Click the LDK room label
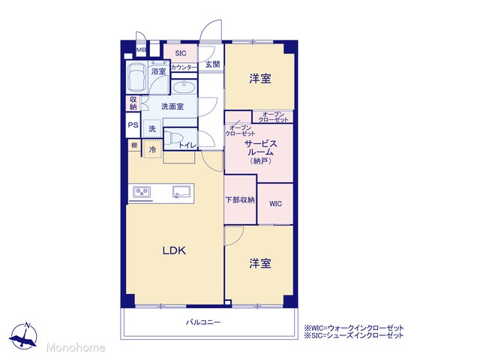pyautogui.click(x=174, y=250)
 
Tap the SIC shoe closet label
pyautogui.click(x=181, y=53)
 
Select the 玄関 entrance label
pyautogui.click(x=212, y=64)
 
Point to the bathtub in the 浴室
pyautogui.click(x=136, y=77)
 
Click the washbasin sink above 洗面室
pyautogui.click(x=183, y=87)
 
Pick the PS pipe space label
pyautogui.click(x=133, y=125)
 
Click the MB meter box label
pyautogui.click(x=141, y=49)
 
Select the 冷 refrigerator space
pyautogui.click(x=152, y=149)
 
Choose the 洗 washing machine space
pyautogui.click(x=152, y=129)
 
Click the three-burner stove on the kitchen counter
pyautogui.click(x=142, y=192)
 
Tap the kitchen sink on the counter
pyautogui.click(x=181, y=192)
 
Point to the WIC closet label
pyautogui.click(x=275, y=204)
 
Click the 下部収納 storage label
pyautogui.click(x=240, y=200)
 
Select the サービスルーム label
pyautogui.click(x=260, y=148)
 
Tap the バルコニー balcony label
pyautogui.click(x=203, y=322)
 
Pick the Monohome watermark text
pyautogui.click(x=76, y=347)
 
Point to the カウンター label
pyautogui.click(x=184, y=67)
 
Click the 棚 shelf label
pyautogui.click(x=134, y=145)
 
